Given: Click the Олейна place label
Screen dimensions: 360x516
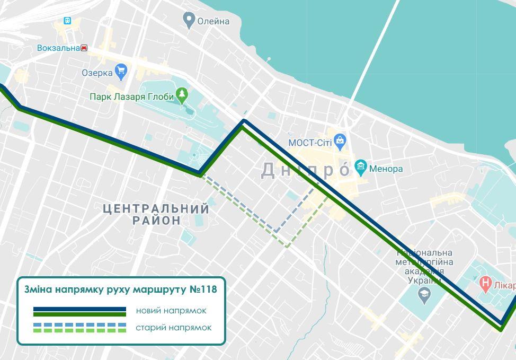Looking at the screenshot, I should [x=213, y=21].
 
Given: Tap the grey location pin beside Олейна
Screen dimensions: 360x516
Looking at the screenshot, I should [x=188, y=21].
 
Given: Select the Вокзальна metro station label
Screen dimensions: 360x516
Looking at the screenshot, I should [x=58, y=48].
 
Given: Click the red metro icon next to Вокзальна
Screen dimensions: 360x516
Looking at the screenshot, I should [x=84, y=48].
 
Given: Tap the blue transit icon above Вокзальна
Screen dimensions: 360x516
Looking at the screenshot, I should [x=67, y=21].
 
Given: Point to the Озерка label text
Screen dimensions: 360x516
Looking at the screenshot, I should [x=97, y=73].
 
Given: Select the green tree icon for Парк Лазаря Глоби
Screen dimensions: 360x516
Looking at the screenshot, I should [x=182, y=95].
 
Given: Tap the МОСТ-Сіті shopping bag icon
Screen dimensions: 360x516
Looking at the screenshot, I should [x=340, y=141].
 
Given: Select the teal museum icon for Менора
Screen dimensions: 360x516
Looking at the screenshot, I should [x=361, y=168].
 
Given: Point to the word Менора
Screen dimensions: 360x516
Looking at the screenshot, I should [x=386, y=169].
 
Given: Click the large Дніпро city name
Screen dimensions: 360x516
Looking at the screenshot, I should [x=306, y=170].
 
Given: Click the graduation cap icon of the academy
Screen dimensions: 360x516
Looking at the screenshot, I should [x=424, y=295].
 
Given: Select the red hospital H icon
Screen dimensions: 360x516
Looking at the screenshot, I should [x=485, y=284].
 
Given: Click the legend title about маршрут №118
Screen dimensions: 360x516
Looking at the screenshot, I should [x=121, y=289].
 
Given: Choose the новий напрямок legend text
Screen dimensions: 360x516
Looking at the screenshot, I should [x=171, y=311].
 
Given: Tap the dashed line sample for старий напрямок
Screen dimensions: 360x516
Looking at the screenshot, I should [x=79, y=328].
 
